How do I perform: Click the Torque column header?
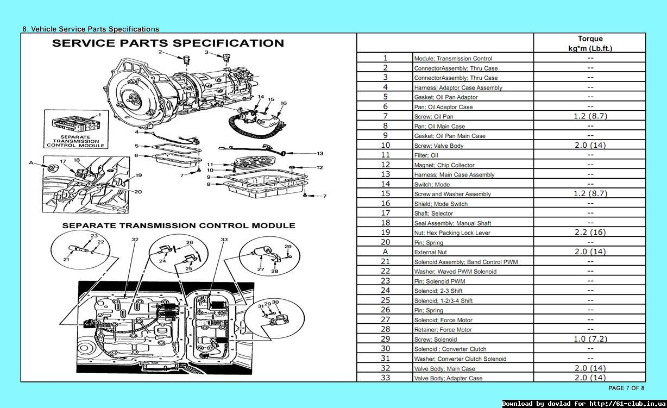point(590,43)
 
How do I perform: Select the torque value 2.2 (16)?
point(590,233)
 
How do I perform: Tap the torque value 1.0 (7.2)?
point(590,339)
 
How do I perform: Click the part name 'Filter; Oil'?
point(426,155)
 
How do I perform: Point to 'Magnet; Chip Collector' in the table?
point(444,165)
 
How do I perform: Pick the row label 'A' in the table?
point(385,252)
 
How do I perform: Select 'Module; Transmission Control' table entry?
point(453,59)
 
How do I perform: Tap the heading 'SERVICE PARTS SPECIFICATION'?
point(168,43)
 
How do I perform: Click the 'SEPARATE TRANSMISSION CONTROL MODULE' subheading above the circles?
point(179,225)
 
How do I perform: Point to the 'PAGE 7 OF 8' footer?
point(626,388)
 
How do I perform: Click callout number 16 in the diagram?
point(284,103)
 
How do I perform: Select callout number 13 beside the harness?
point(320,154)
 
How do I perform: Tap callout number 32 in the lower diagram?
point(135,239)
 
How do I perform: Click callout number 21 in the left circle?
point(66,260)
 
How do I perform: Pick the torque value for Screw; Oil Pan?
point(590,116)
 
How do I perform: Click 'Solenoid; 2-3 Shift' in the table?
point(438,291)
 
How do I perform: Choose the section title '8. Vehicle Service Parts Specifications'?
point(91,29)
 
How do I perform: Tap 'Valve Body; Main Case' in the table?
point(444,369)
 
